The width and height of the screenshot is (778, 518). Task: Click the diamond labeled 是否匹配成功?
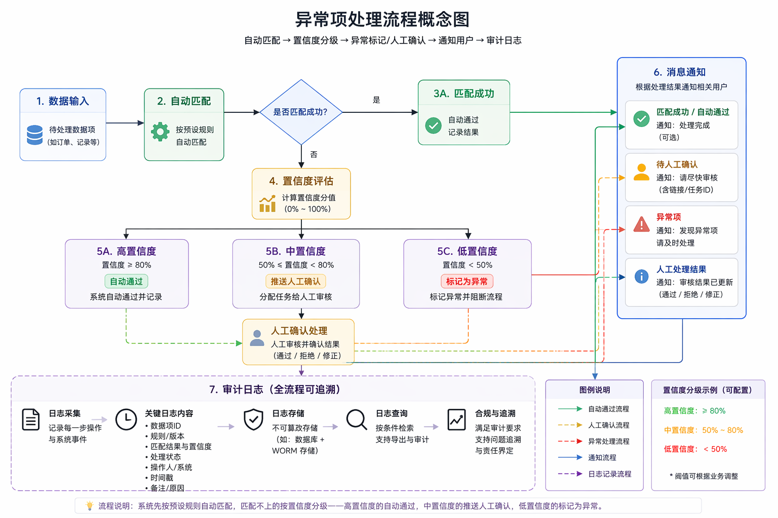click(x=301, y=112)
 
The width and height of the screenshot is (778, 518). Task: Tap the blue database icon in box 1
click(x=35, y=135)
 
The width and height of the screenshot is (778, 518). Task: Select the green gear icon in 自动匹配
click(x=160, y=132)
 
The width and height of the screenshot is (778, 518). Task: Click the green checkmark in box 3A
click(x=433, y=125)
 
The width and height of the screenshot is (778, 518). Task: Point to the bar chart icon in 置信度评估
click(x=267, y=203)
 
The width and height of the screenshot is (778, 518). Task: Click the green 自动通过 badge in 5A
click(x=126, y=281)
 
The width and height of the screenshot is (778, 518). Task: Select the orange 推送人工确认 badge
click(x=296, y=281)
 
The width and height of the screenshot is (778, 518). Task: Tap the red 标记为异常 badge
click(x=467, y=281)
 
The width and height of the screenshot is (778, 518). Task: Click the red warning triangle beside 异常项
click(x=642, y=224)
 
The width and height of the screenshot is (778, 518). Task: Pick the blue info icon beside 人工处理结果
click(x=642, y=277)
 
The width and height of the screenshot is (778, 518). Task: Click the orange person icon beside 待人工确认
click(x=642, y=172)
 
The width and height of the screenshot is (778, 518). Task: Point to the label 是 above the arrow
click(x=376, y=100)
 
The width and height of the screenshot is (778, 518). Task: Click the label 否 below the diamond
click(x=314, y=154)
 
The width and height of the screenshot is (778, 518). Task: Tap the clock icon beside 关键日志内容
click(x=126, y=420)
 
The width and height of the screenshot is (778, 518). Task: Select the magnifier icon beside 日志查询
click(x=357, y=420)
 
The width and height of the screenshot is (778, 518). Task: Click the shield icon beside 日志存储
click(x=254, y=419)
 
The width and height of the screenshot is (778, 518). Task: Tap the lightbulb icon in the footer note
click(x=90, y=505)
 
